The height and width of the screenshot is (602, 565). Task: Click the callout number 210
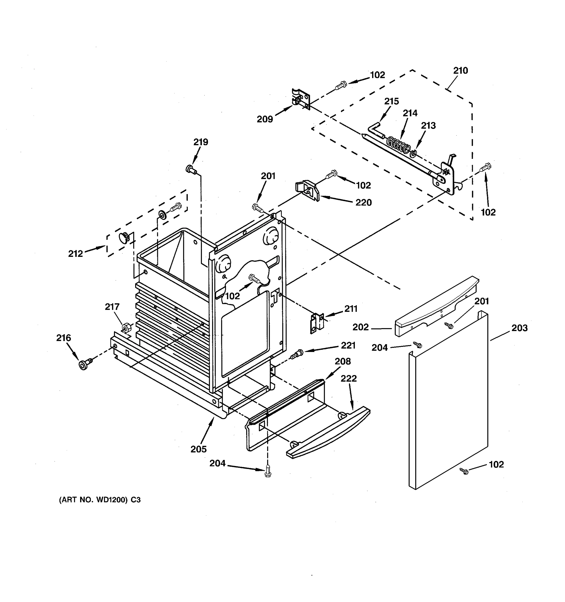[x=461, y=70]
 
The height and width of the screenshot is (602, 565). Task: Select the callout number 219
[x=201, y=142]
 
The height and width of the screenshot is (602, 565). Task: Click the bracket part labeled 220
[x=308, y=190]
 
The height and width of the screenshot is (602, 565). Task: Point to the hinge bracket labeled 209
[x=301, y=98]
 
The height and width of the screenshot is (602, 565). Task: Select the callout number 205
[x=199, y=449]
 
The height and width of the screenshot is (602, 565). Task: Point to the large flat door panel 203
[x=448, y=400]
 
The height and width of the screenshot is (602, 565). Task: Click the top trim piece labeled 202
[x=436, y=306]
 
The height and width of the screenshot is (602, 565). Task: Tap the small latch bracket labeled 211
[x=317, y=323]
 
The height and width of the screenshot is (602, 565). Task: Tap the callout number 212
[x=75, y=253]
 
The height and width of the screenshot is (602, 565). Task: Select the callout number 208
[x=343, y=361]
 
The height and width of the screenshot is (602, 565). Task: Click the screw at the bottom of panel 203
[x=464, y=471]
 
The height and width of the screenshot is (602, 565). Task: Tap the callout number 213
[x=428, y=125]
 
